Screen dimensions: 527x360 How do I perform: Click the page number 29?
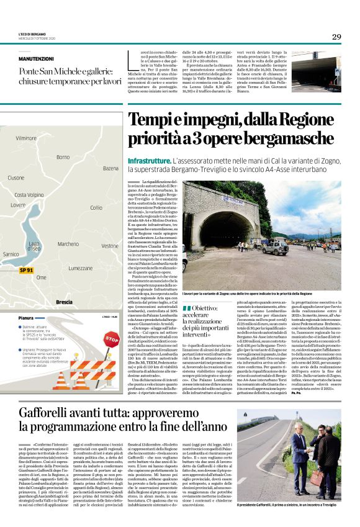click(336, 37)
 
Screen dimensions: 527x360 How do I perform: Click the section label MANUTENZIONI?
click(36, 58)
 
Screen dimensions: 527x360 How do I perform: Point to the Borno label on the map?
click(63, 157)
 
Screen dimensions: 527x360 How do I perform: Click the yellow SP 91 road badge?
click(26, 271)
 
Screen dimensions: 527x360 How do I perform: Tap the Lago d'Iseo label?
click(34, 246)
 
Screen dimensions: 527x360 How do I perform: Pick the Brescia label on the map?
click(64, 302)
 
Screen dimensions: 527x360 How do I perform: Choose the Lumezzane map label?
click(80, 268)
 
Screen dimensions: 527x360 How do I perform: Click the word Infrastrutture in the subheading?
click(149, 160)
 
